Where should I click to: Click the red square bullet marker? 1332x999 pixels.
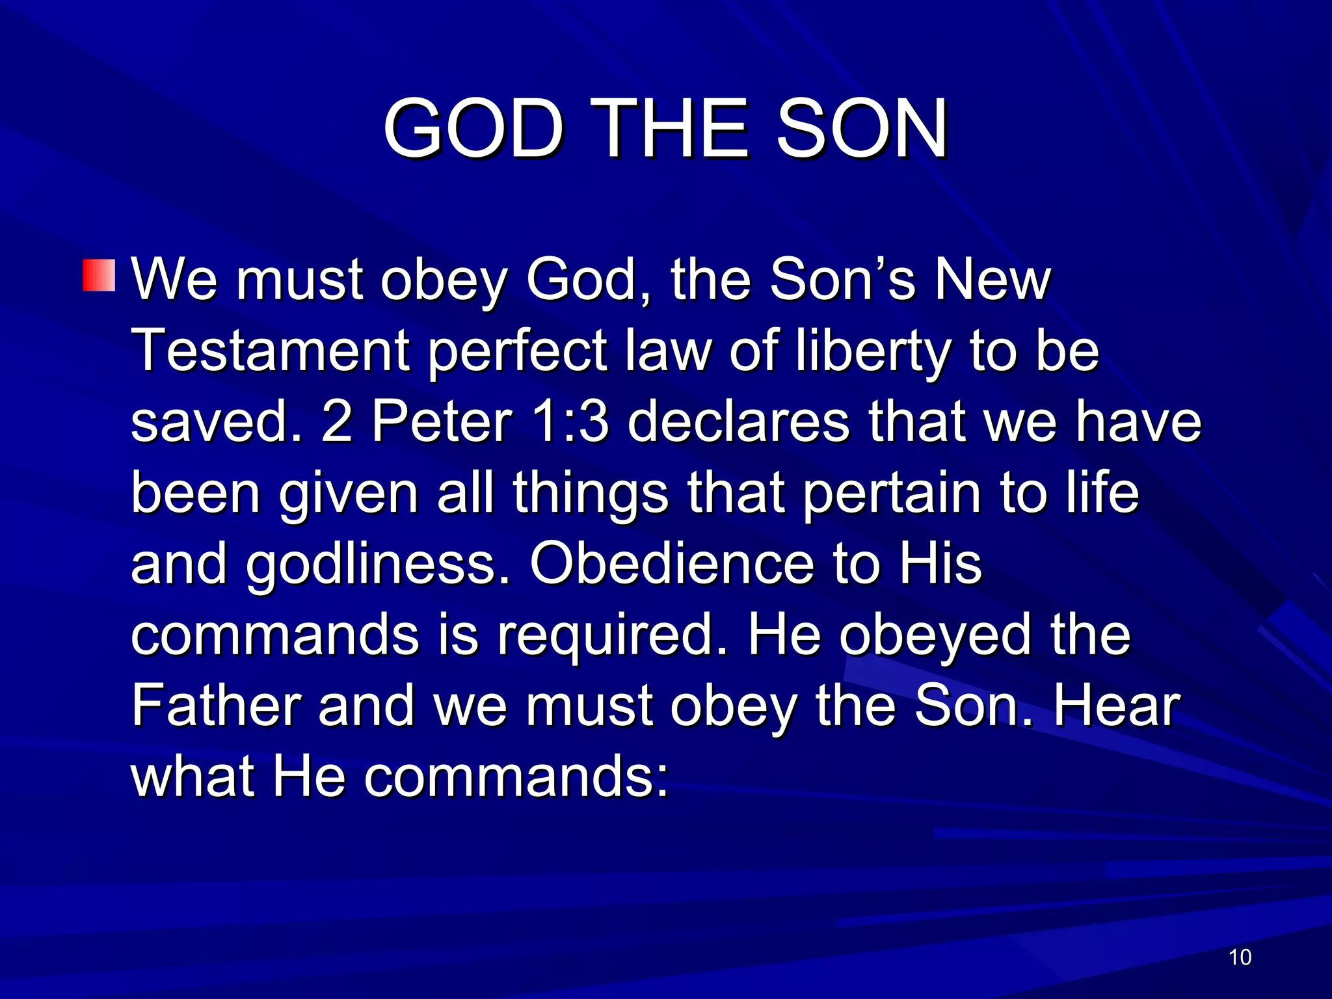99,275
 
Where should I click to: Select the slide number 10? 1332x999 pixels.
1240,957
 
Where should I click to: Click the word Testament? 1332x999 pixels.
271,351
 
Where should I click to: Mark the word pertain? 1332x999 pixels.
891,492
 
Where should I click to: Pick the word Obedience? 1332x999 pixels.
671,563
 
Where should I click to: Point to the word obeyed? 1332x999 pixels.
935,635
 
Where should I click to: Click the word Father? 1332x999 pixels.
215,706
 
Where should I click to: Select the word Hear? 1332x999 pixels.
1116,706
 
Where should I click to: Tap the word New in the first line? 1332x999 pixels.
992,280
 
